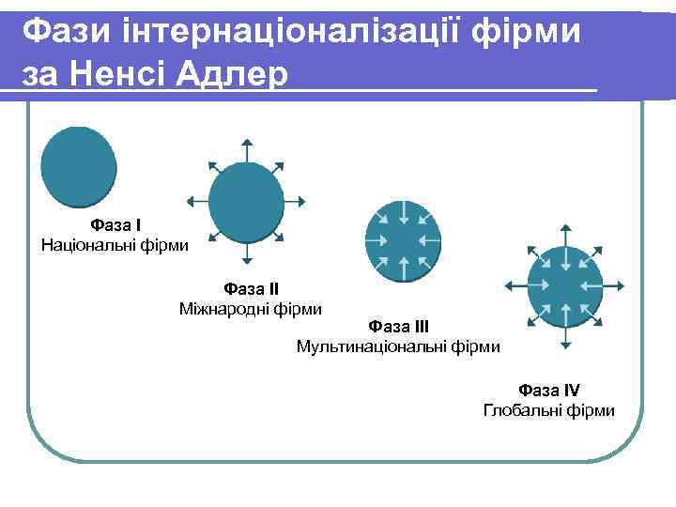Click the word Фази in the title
pos(66,32)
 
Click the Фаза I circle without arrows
pos(79,166)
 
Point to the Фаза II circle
pos(246,200)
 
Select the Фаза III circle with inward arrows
pos(401,239)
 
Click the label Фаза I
pos(115,225)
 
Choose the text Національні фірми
pos(115,245)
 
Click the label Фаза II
pos(251,288)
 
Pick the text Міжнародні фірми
pos(251,308)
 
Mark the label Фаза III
pos(399,327)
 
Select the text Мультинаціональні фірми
pos(398,346)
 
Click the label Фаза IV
pos(549,390)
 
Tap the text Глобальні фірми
pos(549,410)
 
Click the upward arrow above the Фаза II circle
pos(246,150)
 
